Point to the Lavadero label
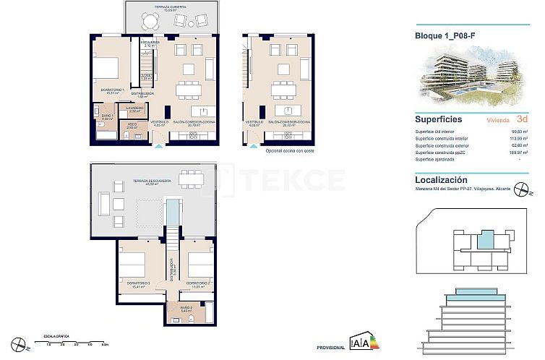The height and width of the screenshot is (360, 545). click(135, 109)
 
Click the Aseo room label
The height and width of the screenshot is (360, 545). click(132, 125)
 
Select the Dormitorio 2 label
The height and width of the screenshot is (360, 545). click(197, 284)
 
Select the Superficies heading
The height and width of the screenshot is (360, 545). click(439, 120)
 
